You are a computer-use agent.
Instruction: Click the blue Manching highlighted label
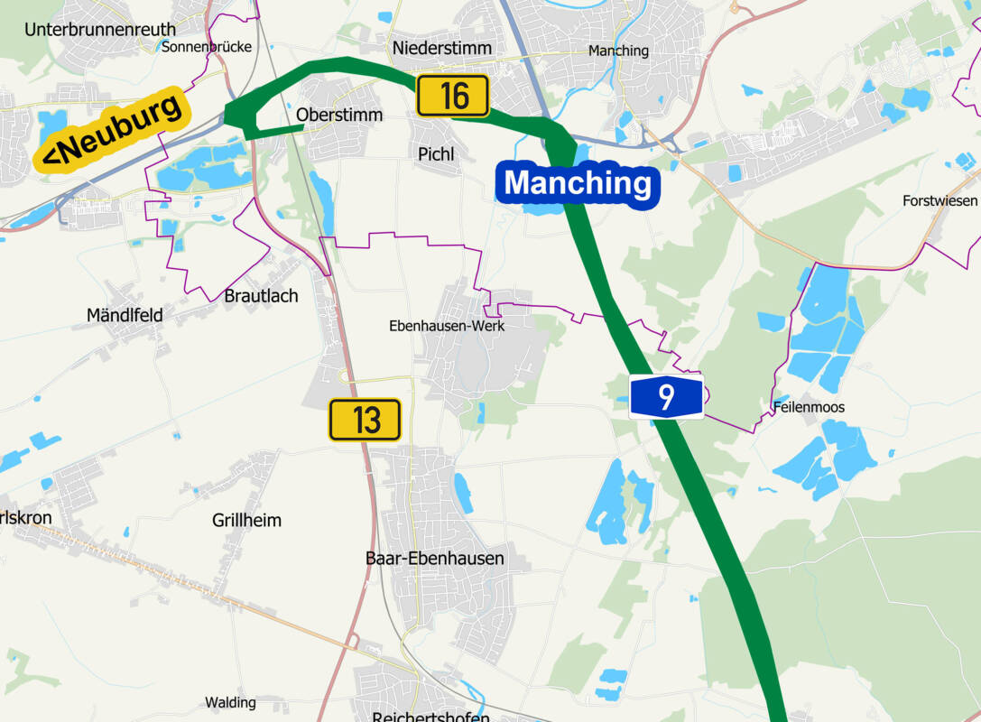[x=578, y=183]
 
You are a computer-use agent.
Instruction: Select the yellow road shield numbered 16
[x=452, y=96]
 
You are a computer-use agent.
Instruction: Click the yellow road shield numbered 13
[x=365, y=420]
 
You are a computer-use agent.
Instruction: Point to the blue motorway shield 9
[x=666, y=397]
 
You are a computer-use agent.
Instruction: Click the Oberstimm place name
[x=339, y=116]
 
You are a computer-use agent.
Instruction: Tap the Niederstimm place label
[x=442, y=48]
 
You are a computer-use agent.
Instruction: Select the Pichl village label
[x=436, y=154]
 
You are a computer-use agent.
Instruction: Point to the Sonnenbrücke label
[x=206, y=47]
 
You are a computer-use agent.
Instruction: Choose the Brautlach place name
[x=261, y=296]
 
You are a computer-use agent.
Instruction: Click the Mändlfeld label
[x=125, y=316]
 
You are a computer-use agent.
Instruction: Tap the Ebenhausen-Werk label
[x=447, y=326]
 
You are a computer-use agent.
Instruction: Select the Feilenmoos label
[x=809, y=408]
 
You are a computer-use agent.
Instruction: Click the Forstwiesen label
[x=939, y=200]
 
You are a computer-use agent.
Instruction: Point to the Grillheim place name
[x=246, y=521]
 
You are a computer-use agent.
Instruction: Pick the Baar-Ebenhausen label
[x=434, y=559]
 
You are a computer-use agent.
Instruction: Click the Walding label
[x=230, y=702]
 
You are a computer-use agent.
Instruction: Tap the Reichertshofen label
[x=430, y=717]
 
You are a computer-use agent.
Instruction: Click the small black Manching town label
[x=618, y=51]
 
